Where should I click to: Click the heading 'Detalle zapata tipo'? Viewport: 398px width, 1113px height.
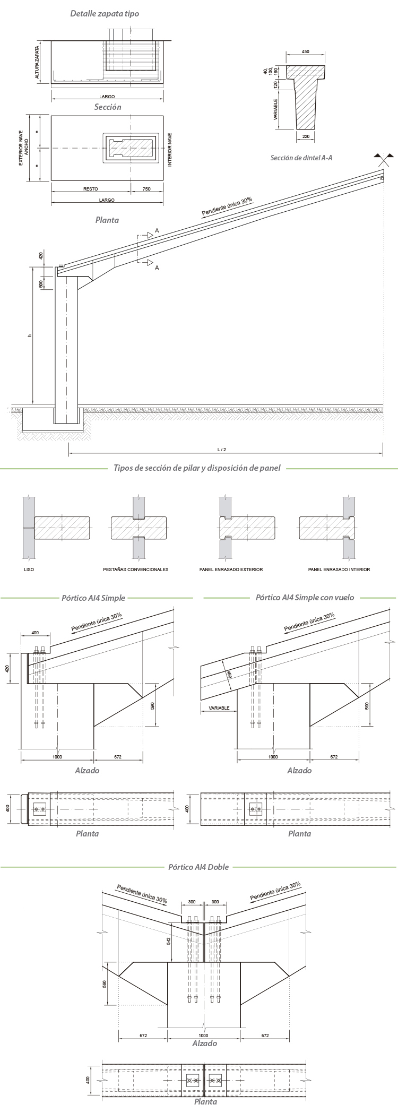(x=105, y=13)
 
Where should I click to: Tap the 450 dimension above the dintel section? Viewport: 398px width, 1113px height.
(x=305, y=52)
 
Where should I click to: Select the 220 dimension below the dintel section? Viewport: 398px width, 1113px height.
(x=305, y=136)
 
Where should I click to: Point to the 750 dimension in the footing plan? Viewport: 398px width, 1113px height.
(x=146, y=188)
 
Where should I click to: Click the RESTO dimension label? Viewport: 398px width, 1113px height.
(x=91, y=188)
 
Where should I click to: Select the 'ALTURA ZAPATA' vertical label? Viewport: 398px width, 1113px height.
(x=37, y=61)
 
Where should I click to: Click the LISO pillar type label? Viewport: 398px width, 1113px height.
(x=29, y=570)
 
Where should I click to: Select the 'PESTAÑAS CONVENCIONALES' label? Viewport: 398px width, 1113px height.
(x=135, y=570)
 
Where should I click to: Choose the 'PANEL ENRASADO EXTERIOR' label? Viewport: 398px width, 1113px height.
(x=231, y=570)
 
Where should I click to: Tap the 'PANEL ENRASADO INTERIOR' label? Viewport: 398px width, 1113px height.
(x=339, y=570)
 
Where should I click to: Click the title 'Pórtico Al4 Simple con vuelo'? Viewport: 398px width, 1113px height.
(x=305, y=598)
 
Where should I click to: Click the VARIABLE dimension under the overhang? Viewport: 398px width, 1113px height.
(x=219, y=708)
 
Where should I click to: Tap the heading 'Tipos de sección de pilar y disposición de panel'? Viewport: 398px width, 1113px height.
(x=197, y=468)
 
